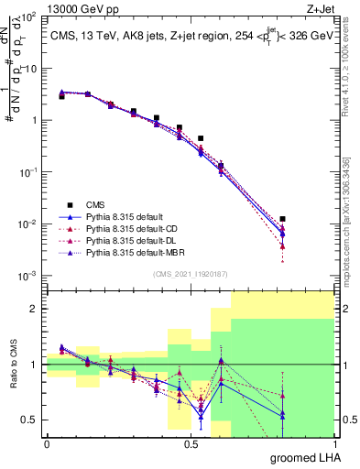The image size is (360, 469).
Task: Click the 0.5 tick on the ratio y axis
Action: pos(30,420)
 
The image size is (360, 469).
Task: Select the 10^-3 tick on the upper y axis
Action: pos(27,277)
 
